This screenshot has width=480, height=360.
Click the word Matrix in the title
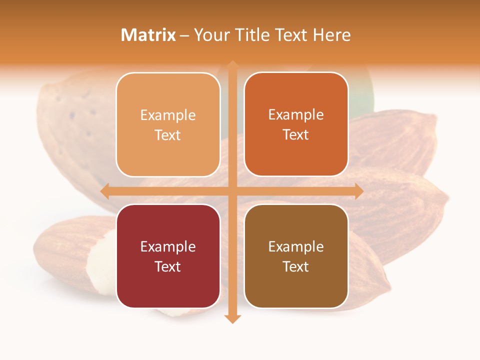148,35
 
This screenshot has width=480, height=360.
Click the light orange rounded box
168,124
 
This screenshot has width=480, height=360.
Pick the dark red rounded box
168,256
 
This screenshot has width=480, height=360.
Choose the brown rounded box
296,256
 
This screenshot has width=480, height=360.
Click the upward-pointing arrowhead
232,65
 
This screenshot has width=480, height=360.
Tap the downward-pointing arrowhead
232,318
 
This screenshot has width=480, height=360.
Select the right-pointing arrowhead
358,191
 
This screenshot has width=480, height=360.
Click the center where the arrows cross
232,191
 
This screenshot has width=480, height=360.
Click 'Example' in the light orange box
168,115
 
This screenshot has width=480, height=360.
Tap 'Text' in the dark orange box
296,134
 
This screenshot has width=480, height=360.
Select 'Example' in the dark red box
168,247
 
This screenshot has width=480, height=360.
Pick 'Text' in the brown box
296,266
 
